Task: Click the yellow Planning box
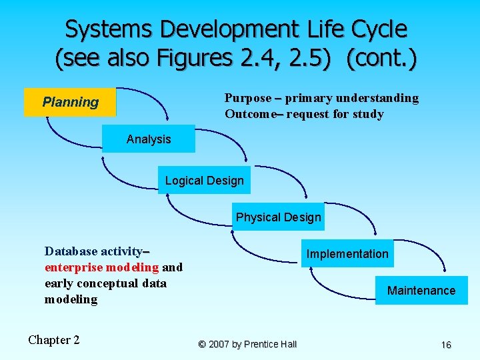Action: [70, 102]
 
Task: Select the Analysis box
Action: [148, 139]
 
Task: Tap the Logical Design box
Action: [204, 181]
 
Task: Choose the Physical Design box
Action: [278, 217]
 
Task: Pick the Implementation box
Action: [347, 253]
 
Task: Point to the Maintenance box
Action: [421, 291]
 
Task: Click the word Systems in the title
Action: [109, 29]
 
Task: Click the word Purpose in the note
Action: [248, 98]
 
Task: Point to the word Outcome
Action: [251, 114]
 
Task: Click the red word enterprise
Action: [73, 267]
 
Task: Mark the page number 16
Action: [446, 345]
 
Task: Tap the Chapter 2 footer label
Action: [53, 340]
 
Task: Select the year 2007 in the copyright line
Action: [219, 344]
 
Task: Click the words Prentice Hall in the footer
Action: [270, 344]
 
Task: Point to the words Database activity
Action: [93, 251]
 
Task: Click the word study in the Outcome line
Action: [368, 114]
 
